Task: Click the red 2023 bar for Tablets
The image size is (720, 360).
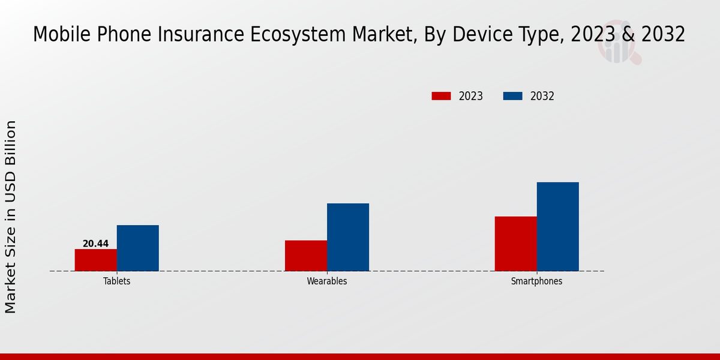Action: click(96, 260)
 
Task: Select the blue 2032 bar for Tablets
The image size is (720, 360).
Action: click(138, 248)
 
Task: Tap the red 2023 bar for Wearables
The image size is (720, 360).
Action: click(306, 256)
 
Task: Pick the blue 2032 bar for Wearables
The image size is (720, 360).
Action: click(348, 237)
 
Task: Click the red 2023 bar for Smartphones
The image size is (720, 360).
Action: click(516, 244)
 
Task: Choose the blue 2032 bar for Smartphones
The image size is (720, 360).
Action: click(558, 226)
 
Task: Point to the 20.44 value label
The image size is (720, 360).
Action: click(96, 244)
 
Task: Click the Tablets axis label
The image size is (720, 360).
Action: click(116, 281)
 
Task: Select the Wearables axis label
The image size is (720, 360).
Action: click(327, 281)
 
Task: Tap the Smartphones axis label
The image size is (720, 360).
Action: click(536, 281)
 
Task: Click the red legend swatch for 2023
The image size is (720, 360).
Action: click(441, 96)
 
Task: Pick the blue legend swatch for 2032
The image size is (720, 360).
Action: click(512, 96)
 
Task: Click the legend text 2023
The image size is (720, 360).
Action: click(471, 96)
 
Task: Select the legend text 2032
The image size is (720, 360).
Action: click(542, 96)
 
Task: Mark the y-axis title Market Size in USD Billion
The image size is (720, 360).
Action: click(11, 216)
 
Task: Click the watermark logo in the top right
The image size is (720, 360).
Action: click(618, 45)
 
